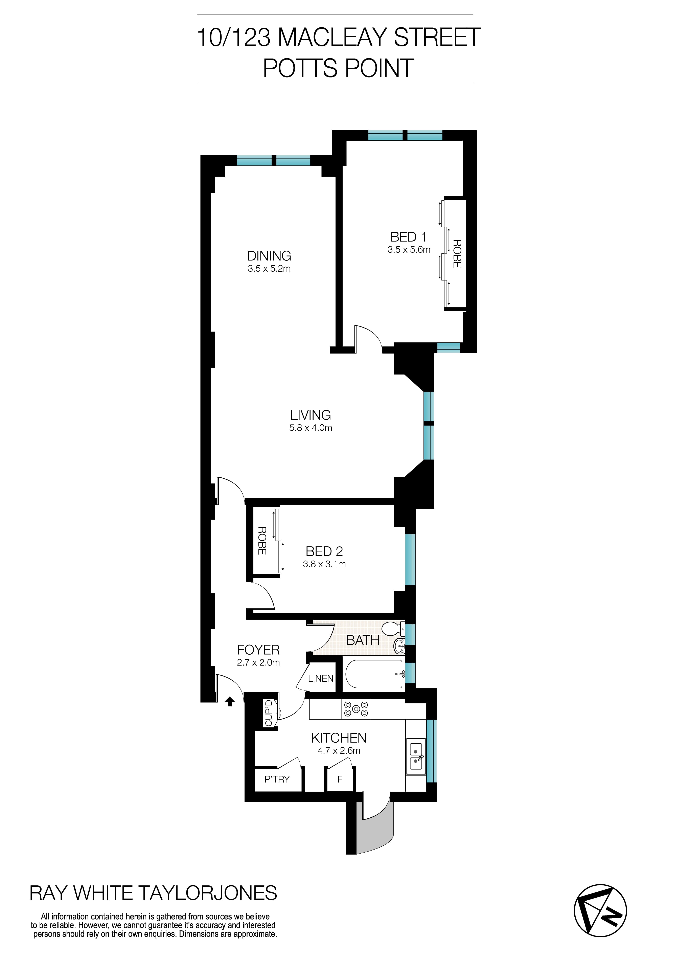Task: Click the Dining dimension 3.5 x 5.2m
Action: click(269, 269)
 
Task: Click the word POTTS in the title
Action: click(300, 68)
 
